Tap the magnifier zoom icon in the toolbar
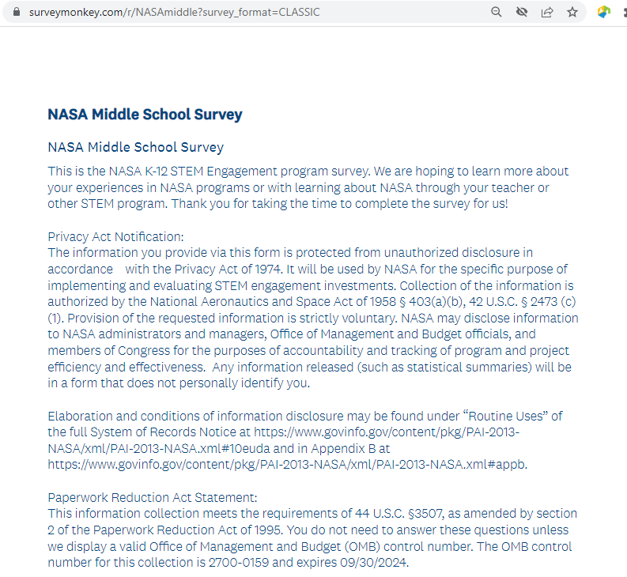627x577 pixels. (x=497, y=13)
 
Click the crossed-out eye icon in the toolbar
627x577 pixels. (x=521, y=13)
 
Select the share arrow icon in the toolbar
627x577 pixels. (x=546, y=13)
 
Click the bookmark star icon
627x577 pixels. (x=572, y=13)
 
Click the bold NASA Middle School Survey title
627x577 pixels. (x=145, y=114)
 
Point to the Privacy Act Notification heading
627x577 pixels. (x=115, y=236)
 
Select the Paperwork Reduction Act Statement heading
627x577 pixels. (x=153, y=497)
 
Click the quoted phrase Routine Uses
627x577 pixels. (x=501, y=416)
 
